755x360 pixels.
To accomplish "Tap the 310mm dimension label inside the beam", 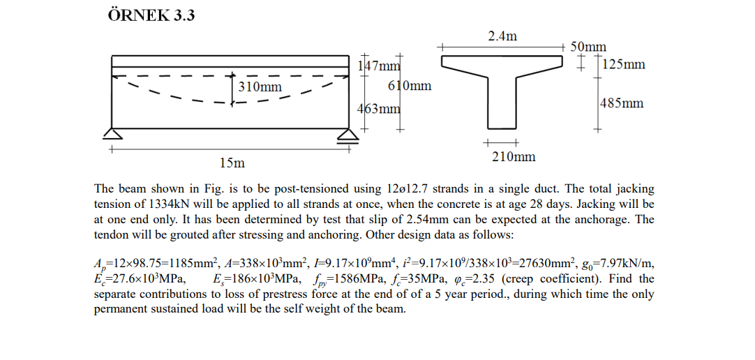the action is coord(260,87).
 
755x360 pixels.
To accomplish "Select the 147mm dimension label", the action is coord(379,66).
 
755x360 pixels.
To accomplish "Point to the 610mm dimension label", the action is coord(409,86).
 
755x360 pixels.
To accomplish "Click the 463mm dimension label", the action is coord(379,109).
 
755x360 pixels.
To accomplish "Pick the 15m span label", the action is coord(232,163).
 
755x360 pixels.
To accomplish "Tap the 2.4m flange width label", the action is coord(502,36).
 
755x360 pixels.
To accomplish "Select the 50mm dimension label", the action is coord(588,47).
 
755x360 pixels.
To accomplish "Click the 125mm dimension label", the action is coord(623,65).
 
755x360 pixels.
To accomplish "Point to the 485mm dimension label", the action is coord(622,103).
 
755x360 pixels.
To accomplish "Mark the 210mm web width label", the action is coord(514,157).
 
